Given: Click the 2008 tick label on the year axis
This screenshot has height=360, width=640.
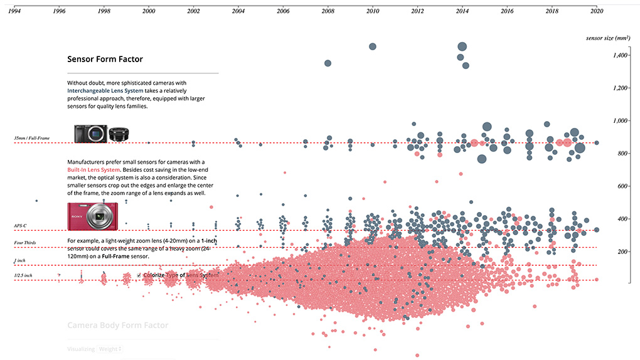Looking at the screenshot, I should [x=328, y=11].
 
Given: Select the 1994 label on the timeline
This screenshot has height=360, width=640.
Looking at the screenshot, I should [x=14, y=11].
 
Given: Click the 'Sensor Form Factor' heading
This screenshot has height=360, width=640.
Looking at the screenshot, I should [x=105, y=60].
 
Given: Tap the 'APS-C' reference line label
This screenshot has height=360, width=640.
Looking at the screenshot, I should [x=21, y=225].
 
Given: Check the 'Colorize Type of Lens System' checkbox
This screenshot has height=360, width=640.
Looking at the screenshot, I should [x=139, y=275].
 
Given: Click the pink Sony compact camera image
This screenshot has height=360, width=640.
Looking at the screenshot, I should [x=93, y=216].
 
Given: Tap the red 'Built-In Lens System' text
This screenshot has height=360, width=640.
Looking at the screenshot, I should [x=93, y=170].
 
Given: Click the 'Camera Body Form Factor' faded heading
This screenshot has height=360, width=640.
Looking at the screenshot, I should [x=117, y=326].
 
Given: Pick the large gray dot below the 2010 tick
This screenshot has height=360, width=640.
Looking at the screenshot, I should [x=372, y=46].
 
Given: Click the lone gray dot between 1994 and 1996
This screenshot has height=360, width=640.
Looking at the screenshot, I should [x=37, y=201].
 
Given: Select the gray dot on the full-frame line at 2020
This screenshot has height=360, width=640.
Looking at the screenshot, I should [x=597, y=143].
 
